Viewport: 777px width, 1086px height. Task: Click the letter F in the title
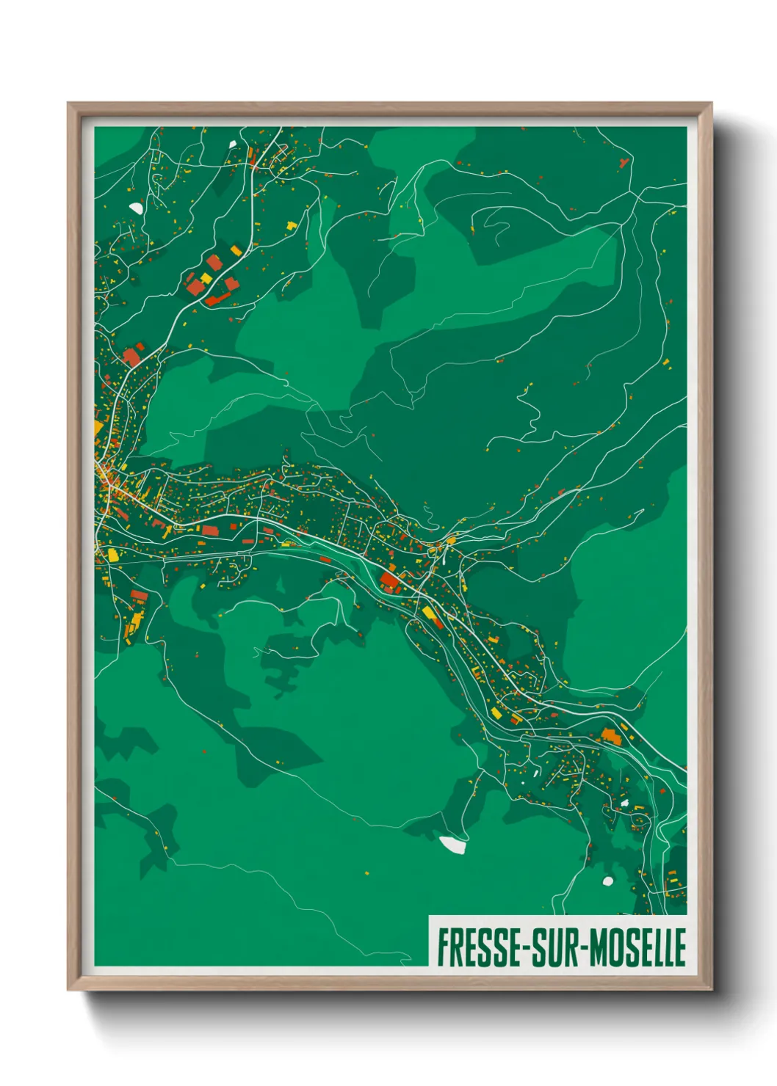point(444,947)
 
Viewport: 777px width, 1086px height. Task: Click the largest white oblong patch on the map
point(452,845)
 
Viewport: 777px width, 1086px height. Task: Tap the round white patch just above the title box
point(607,881)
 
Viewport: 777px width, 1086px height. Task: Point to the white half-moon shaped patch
point(136,208)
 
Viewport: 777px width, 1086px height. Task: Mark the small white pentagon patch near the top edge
point(233,145)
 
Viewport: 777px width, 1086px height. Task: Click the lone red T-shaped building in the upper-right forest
point(624,161)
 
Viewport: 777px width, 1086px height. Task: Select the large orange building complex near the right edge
point(611,735)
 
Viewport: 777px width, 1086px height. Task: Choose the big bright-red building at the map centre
point(390,583)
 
